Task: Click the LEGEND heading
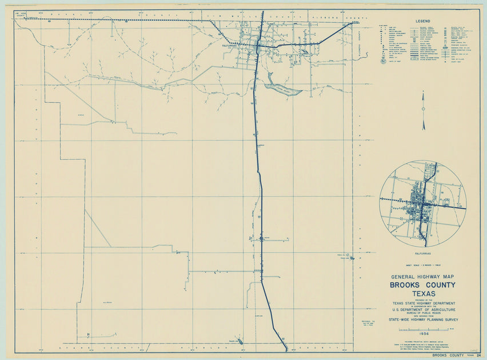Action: click(x=423, y=21)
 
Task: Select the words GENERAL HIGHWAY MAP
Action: click(x=422, y=276)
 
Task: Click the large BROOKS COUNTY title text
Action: click(x=422, y=285)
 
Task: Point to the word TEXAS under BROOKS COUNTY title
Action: click(x=422, y=294)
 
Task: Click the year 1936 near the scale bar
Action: click(x=422, y=334)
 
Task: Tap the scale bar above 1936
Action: click(x=422, y=329)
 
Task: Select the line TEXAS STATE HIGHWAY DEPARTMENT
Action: click(x=422, y=303)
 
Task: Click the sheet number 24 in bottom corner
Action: click(x=478, y=355)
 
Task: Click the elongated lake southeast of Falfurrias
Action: click(x=282, y=89)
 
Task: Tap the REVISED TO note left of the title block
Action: click(x=366, y=323)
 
